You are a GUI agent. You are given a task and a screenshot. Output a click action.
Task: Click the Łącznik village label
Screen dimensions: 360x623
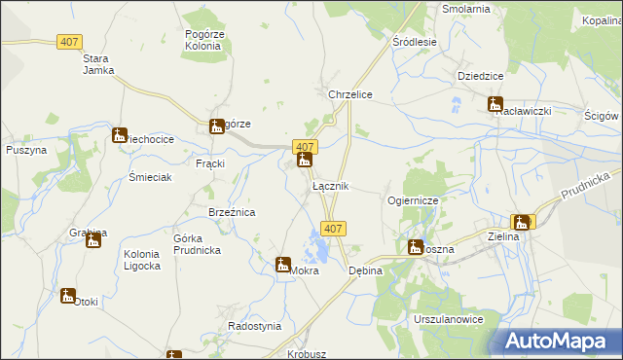click(330, 186)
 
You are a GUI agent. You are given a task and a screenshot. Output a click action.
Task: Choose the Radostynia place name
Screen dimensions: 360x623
click(254, 326)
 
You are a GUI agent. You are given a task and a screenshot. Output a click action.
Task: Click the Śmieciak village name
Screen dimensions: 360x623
click(150, 178)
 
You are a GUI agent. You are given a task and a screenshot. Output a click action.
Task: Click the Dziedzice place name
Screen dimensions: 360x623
click(479, 75)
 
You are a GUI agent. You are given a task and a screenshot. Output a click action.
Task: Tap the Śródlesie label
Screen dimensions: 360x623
click(414, 43)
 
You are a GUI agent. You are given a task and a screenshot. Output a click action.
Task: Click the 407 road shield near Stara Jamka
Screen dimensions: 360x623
click(69, 43)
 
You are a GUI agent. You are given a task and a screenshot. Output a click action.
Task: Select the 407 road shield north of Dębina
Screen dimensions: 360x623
click(333, 229)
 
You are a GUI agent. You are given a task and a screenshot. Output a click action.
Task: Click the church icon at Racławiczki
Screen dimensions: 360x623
click(495, 104)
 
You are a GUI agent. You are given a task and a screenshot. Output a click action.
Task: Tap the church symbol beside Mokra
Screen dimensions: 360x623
click(282, 264)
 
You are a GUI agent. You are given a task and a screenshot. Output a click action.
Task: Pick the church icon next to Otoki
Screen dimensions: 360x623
click(67, 295)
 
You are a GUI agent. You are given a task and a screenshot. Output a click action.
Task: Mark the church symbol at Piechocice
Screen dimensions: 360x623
click(119, 135)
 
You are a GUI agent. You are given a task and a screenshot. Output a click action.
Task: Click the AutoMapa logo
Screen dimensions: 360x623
click(561, 341)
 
